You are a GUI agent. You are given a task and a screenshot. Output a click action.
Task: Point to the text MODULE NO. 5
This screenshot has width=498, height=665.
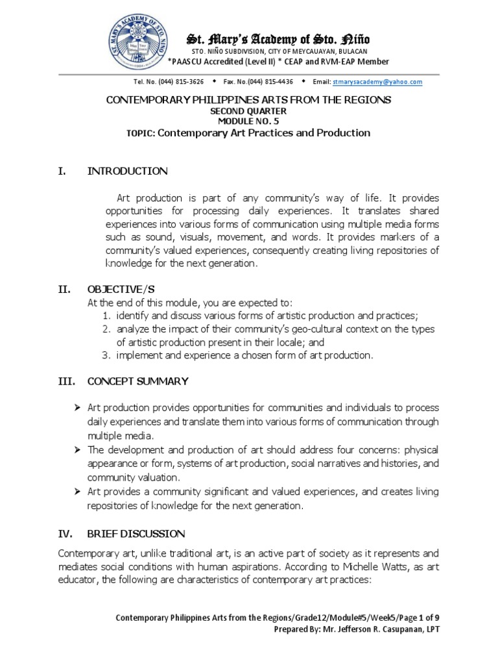[248, 121]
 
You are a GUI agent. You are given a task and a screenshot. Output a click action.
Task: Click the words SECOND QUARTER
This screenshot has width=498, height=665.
[248, 111]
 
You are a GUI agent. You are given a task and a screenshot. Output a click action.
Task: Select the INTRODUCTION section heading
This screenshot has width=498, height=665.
[127, 171]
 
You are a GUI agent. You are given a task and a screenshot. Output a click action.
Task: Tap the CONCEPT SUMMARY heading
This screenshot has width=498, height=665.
[137, 381]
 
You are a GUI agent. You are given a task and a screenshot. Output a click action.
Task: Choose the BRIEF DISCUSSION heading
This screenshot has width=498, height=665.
[136, 534]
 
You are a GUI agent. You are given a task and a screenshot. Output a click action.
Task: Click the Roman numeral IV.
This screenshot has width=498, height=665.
[64, 534]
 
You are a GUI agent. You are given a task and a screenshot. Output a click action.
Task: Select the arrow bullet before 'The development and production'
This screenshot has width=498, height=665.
[77, 450]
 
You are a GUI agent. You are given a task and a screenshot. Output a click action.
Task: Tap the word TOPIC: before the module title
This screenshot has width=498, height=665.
[141, 133]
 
